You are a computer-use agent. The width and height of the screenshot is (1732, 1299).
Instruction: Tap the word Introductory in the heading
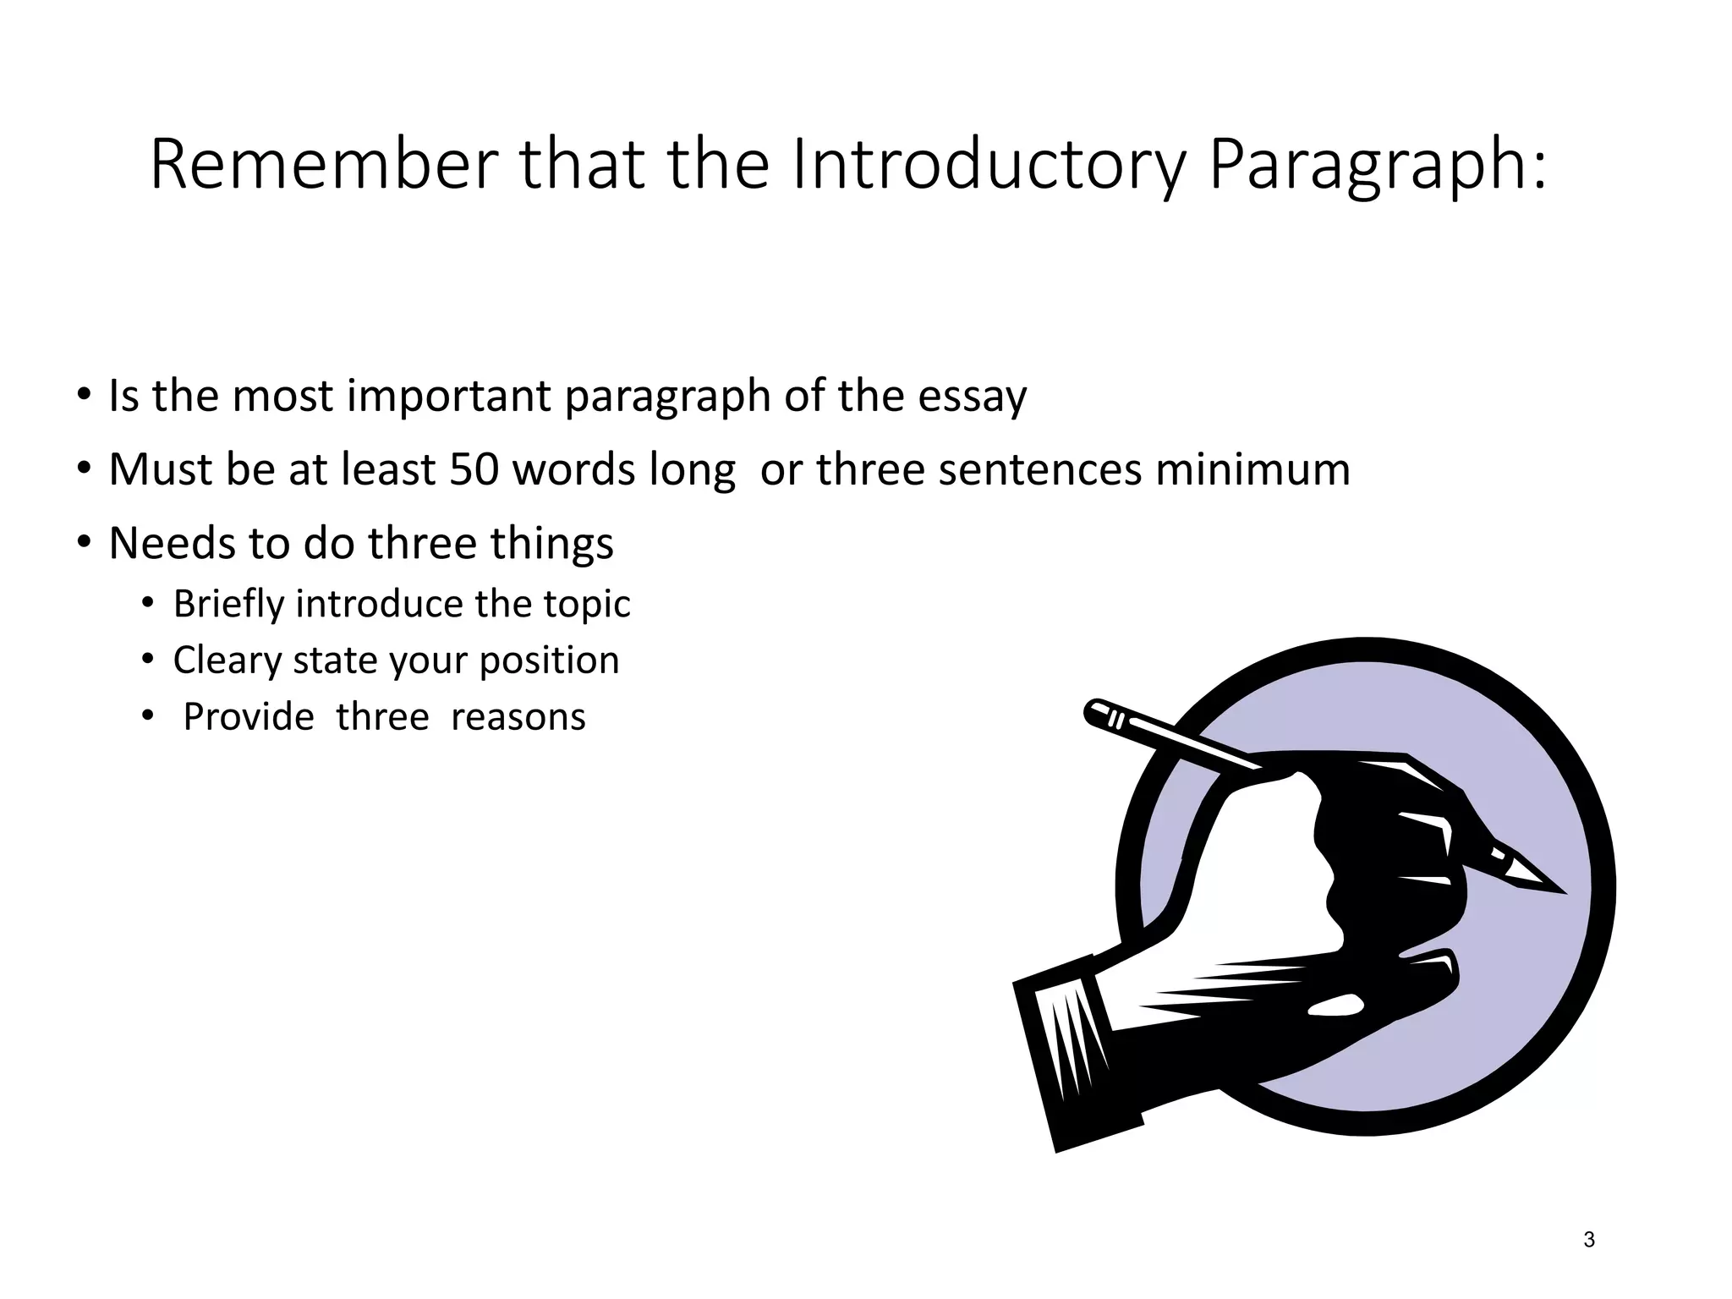pos(987,166)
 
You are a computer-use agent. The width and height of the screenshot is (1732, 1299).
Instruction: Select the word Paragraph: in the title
pos(1378,166)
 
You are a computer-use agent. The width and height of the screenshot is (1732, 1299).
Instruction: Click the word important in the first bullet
pos(448,396)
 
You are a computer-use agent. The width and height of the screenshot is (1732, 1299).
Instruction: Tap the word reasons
pos(518,717)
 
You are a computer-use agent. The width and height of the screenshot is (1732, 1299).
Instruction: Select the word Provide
pos(249,717)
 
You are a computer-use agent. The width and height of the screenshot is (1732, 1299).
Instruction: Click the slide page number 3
pos(1589,1240)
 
